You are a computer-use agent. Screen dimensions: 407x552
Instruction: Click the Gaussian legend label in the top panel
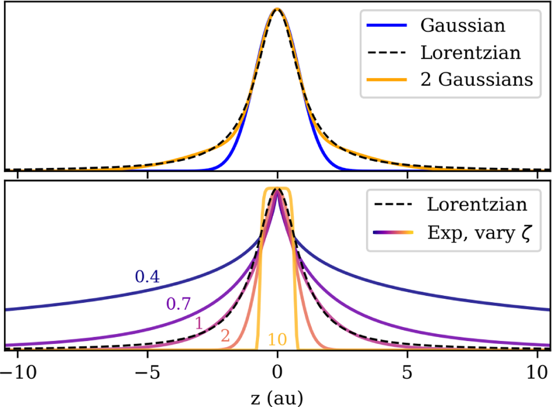coord(462,25)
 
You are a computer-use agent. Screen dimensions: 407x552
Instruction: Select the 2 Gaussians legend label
coord(477,79)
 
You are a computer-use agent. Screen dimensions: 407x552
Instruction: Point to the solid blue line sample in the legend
coord(388,26)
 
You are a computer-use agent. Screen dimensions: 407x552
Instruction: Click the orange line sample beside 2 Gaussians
coord(388,80)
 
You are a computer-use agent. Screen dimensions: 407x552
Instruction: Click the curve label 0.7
coord(179,304)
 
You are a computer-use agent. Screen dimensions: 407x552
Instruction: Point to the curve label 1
coord(200,323)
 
